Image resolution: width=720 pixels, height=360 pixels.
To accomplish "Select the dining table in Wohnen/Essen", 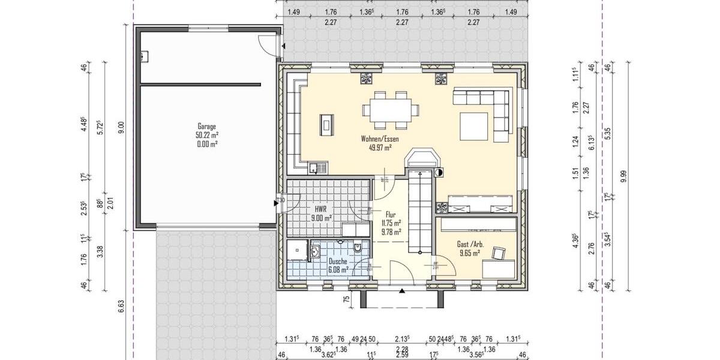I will click(x=389, y=110).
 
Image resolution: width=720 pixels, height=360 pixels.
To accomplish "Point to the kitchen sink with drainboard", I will click(x=318, y=167).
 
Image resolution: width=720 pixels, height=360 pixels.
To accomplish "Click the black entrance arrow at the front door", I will click(x=401, y=292).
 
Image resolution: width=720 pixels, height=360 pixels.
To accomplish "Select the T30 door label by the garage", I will click(x=280, y=200).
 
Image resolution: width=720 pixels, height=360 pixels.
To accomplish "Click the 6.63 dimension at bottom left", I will click(x=121, y=308).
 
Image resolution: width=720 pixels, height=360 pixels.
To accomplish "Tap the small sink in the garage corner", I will click(x=145, y=57).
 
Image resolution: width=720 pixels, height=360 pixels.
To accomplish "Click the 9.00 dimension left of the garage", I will click(x=121, y=127).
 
